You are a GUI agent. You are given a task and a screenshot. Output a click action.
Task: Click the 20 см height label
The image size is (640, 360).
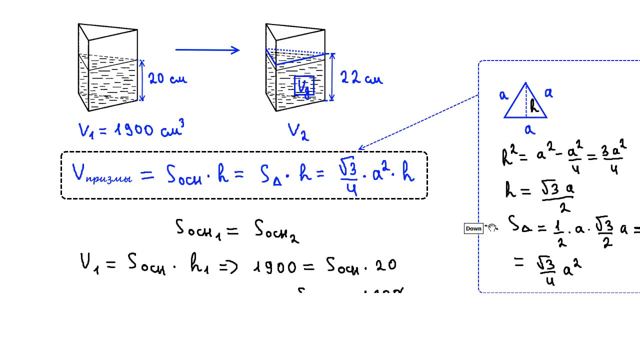pyautogui.click(x=167, y=78)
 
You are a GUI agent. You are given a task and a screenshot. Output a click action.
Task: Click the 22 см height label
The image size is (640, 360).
pyautogui.click(x=361, y=77)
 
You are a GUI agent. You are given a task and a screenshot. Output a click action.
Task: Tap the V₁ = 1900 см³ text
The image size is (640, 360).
pyautogui.click(x=131, y=130)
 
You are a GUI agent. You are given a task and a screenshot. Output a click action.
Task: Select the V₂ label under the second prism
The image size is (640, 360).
pyautogui.click(x=298, y=131)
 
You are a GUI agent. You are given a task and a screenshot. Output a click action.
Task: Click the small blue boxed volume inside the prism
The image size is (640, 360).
pyautogui.click(x=304, y=86)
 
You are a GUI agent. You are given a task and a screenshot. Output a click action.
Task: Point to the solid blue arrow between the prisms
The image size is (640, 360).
pyautogui.click(x=207, y=49)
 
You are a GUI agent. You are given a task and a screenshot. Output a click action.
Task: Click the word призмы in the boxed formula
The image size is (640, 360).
pyautogui.click(x=108, y=178)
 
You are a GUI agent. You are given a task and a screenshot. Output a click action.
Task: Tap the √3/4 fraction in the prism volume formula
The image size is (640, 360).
pyautogui.click(x=348, y=177)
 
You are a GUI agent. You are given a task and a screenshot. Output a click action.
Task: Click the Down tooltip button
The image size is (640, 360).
pyautogui.click(x=473, y=228)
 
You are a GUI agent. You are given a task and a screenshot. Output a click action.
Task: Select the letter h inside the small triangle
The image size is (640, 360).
pyautogui.click(x=534, y=105)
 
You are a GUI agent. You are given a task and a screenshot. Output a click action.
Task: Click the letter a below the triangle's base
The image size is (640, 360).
pyautogui.click(x=529, y=130)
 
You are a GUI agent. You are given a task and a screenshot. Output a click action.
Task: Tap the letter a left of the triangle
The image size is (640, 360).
pyautogui.click(x=503, y=95)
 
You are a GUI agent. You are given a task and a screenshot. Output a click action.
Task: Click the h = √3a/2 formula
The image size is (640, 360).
pyautogui.click(x=540, y=194)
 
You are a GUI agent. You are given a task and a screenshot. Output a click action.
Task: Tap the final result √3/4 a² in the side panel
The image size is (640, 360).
pyautogui.click(x=559, y=269)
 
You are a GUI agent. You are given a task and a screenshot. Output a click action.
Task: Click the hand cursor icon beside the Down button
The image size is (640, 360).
pyautogui.click(x=492, y=228)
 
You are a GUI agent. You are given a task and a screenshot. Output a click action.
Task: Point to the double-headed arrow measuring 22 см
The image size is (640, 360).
pyautogui.click(x=332, y=77)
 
